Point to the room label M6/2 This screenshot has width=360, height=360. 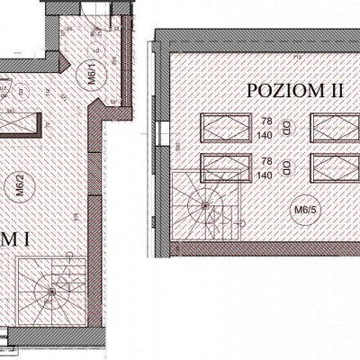(x=19, y=184)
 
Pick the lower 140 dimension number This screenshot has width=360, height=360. (x=265, y=175)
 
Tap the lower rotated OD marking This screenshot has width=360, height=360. (x=286, y=166)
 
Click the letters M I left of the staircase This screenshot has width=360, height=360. (x=14, y=239)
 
